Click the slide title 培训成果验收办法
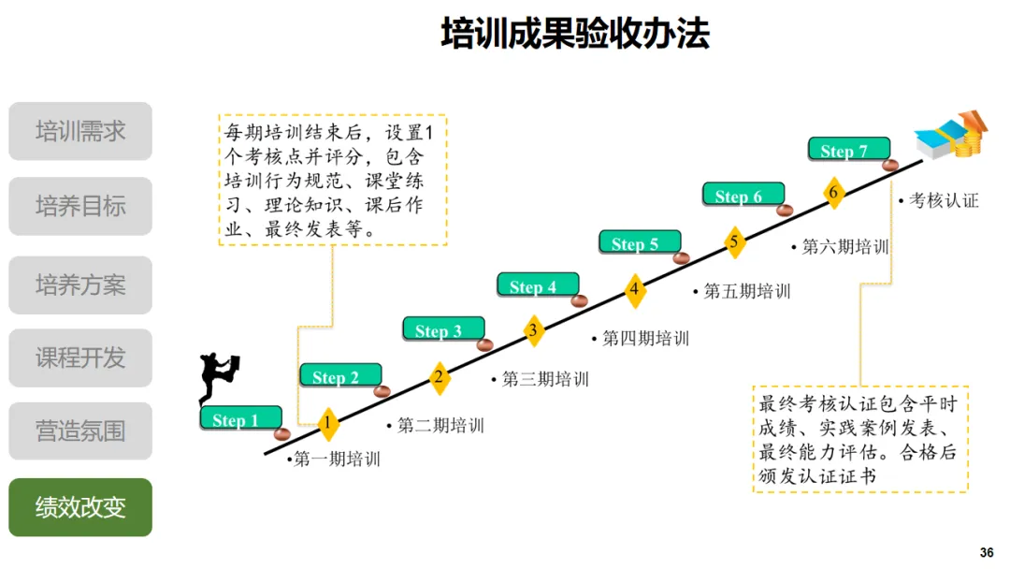point(574,34)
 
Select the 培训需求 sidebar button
point(80,131)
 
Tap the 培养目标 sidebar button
point(80,206)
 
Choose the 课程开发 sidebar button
point(80,357)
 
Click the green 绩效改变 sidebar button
point(80,507)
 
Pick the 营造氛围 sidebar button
point(80,431)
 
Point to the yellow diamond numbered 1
point(327,424)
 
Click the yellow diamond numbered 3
point(532,329)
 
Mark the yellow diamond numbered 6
point(833,193)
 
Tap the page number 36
point(987,552)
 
